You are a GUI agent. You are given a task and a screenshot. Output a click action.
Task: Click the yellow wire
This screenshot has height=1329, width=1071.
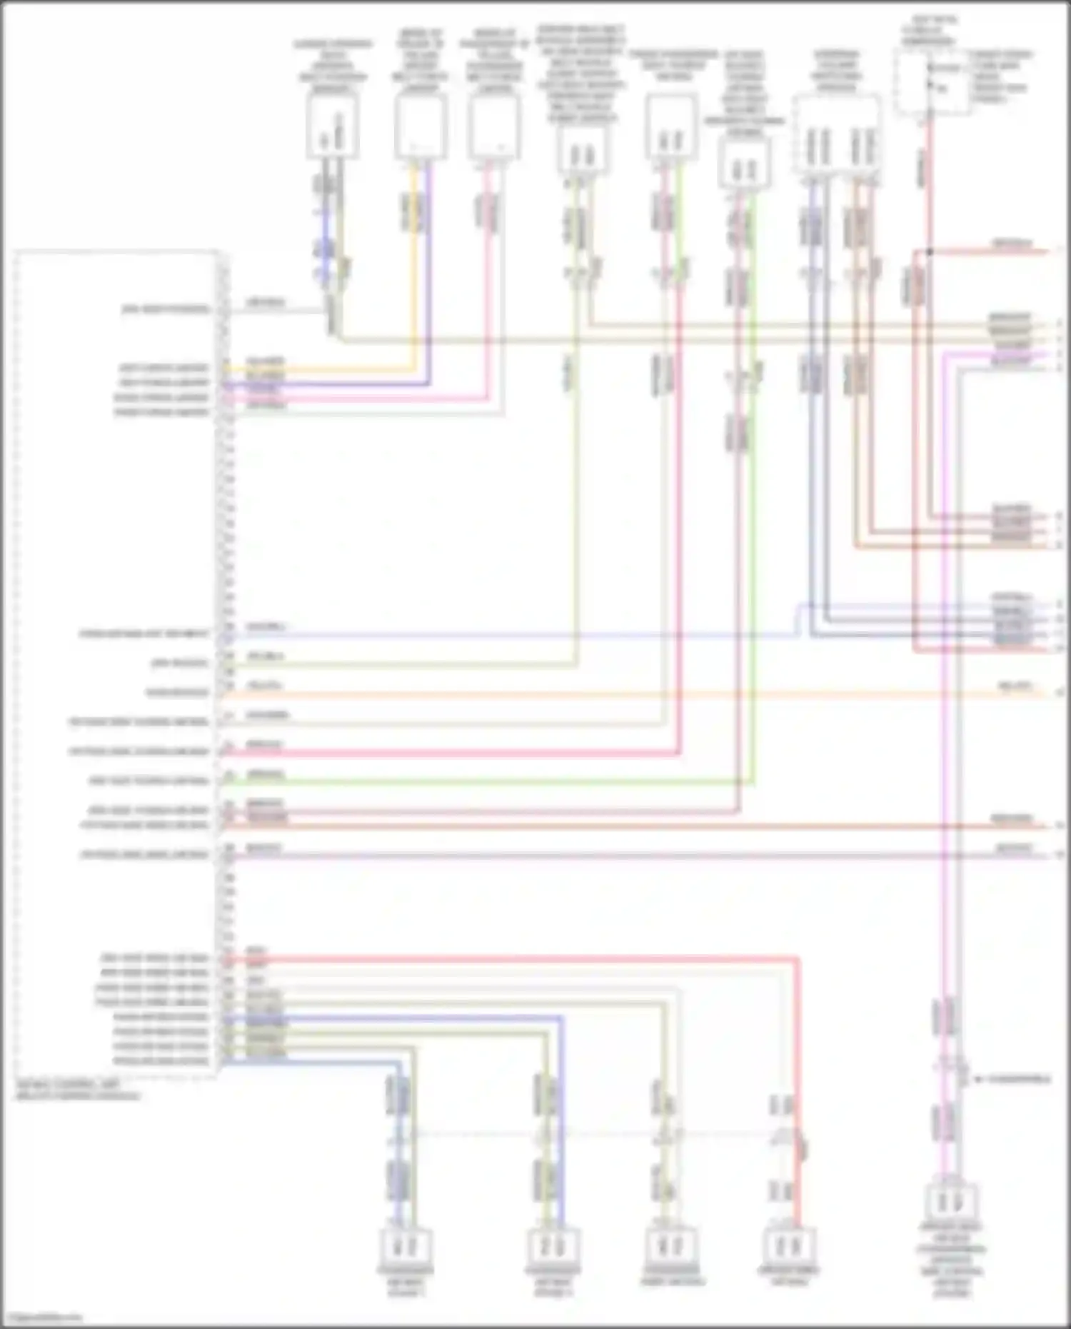pyautogui.click(x=413, y=286)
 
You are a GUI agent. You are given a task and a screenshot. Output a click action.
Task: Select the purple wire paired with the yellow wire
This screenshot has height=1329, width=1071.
pyautogui.click(x=429, y=286)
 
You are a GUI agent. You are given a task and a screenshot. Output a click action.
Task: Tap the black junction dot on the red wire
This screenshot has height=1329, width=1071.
pyautogui.click(x=930, y=251)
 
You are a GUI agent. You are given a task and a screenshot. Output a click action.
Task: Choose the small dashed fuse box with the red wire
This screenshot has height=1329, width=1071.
pyautogui.click(x=932, y=82)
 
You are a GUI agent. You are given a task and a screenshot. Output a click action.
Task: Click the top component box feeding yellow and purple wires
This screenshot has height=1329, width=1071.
pyautogui.click(x=421, y=127)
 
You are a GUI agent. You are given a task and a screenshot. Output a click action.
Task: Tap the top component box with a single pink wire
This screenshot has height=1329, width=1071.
pyautogui.click(x=494, y=127)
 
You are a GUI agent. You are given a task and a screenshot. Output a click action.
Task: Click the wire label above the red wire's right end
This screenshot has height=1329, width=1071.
pyautogui.click(x=1012, y=244)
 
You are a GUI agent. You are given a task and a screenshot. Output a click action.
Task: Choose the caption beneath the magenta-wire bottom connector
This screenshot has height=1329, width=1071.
pyautogui.click(x=952, y=1260)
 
